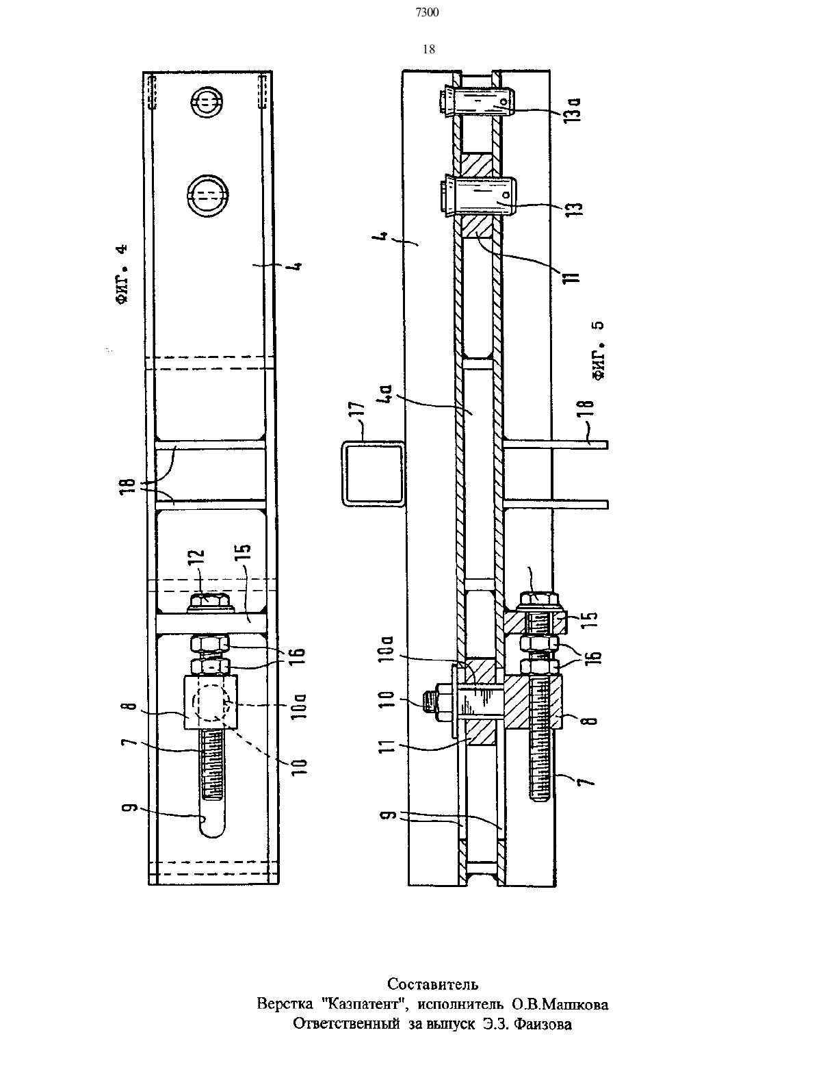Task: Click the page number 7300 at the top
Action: point(427,13)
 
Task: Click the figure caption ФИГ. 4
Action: point(123,274)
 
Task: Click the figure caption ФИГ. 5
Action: point(598,350)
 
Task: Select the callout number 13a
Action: point(575,110)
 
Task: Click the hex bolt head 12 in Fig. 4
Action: point(211,602)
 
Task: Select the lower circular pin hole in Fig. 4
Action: point(207,196)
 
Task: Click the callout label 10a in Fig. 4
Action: point(301,705)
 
